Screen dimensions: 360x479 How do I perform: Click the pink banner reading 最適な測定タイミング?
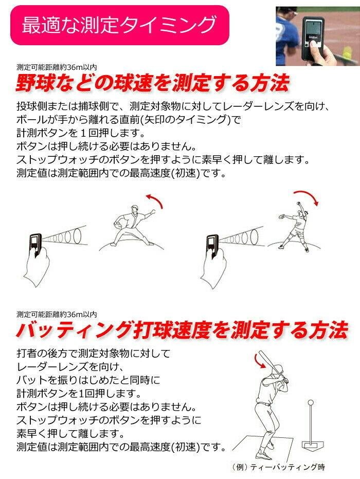coord(119,25)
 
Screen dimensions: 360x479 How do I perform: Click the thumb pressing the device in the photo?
coord(314,48)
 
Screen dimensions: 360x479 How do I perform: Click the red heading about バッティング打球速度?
coord(182,330)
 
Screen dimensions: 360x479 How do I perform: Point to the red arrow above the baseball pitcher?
coord(155,200)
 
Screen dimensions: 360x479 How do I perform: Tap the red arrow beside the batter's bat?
coord(260,361)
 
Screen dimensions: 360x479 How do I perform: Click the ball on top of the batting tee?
coord(311,402)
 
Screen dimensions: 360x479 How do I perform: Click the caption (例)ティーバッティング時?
coord(278,467)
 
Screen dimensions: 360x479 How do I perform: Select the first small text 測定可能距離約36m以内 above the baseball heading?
coord(57,67)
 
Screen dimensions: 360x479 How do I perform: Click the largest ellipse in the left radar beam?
coord(78,235)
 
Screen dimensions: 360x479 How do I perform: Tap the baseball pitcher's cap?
coord(135,208)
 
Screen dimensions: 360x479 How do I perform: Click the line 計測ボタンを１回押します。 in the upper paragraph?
coord(80,133)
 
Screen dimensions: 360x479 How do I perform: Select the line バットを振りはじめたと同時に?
coord(88,380)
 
